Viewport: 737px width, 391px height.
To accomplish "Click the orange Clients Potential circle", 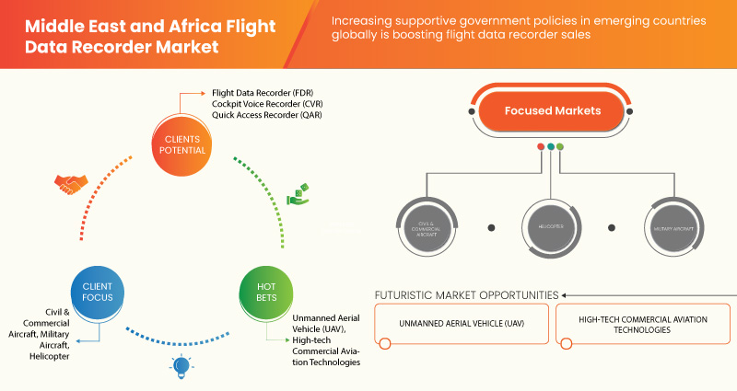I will click(181, 144).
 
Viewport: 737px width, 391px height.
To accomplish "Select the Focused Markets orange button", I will click(552, 110).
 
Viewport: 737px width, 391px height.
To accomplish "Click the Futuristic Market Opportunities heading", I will click(465, 294).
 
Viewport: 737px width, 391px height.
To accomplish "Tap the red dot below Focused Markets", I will click(541, 146).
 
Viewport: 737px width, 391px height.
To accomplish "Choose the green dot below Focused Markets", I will click(560, 146).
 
